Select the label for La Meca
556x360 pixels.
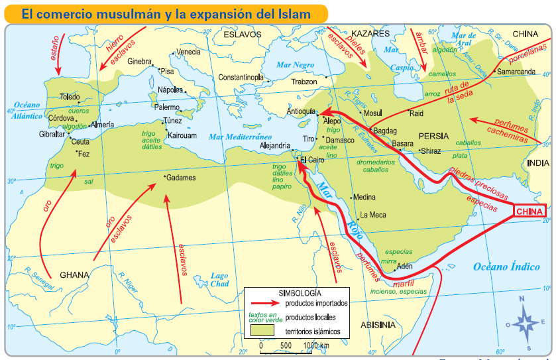click(372, 215)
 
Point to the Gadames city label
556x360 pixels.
click(182, 178)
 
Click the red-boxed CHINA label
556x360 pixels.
click(529, 211)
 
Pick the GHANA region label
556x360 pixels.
click(74, 274)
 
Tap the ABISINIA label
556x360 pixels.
click(378, 325)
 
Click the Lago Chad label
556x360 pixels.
click(219, 280)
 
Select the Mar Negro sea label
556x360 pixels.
click(295, 65)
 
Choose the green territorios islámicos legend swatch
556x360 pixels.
click(262, 330)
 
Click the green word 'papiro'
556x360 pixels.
click(281, 187)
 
